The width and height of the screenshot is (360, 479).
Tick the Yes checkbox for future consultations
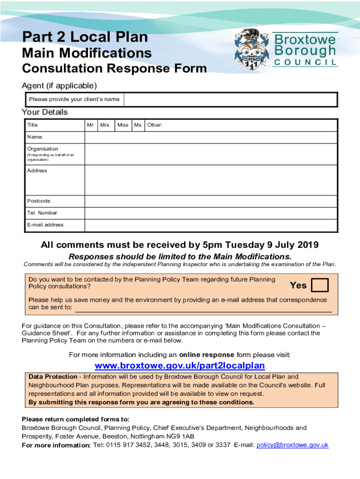320,285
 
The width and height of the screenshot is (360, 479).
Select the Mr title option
90,125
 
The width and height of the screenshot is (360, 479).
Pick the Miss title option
123,125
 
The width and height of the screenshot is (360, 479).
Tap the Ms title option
138,125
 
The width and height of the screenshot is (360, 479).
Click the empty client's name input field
230,100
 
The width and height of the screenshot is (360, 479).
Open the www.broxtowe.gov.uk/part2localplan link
180,365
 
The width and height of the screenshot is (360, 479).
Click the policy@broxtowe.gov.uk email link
292,445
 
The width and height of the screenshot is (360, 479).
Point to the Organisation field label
43,149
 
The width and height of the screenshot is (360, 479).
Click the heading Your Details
45,112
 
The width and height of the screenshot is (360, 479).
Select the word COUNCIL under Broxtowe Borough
305,62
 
